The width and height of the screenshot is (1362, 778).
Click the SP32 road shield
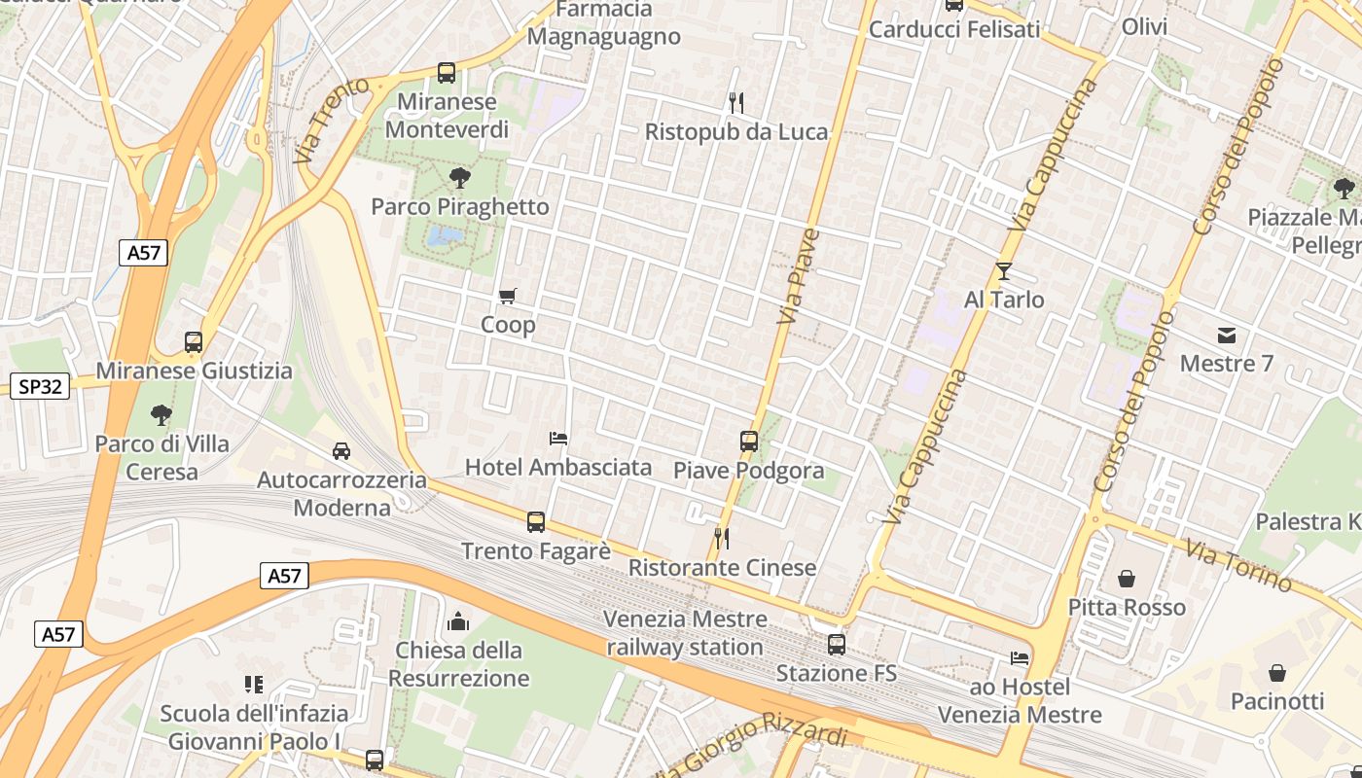(40, 386)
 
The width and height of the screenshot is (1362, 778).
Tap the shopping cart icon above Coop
(507, 296)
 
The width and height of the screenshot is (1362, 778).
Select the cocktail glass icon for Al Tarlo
(1004, 271)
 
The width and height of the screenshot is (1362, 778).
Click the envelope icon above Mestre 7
(1226, 336)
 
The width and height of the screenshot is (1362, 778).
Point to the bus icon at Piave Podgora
(748, 442)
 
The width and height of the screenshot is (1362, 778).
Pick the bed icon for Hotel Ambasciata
(558, 439)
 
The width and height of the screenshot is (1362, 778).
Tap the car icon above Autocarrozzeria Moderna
(341, 451)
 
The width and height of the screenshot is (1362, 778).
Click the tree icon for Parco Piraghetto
(459, 178)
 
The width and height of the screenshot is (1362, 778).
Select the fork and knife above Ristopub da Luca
(736, 102)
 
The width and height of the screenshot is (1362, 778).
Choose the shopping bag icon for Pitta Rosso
(1127, 580)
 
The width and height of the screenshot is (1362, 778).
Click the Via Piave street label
(800, 276)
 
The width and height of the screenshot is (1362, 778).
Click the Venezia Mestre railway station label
(685, 633)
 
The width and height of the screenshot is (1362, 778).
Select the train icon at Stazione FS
(836, 644)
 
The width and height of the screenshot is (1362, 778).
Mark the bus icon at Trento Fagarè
(536, 522)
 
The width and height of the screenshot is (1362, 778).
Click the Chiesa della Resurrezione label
(459, 664)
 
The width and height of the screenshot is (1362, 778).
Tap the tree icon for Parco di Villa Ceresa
(161, 415)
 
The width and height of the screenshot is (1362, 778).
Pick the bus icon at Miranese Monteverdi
(447, 73)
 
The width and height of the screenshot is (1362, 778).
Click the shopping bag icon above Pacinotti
(1276, 673)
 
